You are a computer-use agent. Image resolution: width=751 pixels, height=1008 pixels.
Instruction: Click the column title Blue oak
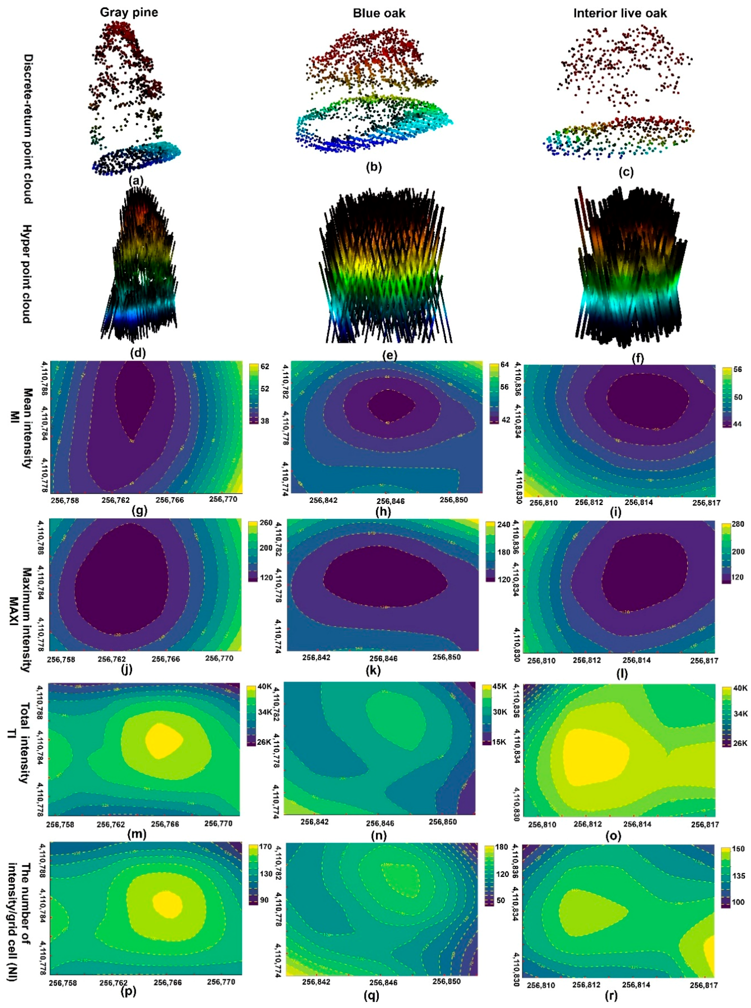pyautogui.click(x=379, y=13)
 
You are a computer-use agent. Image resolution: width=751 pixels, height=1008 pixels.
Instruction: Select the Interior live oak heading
pyautogui.click(x=620, y=13)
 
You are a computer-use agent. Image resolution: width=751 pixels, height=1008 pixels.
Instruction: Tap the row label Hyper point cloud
pyautogui.click(x=27, y=274)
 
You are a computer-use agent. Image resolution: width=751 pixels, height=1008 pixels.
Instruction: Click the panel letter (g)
pyautogui.click(x=139, y=511)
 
